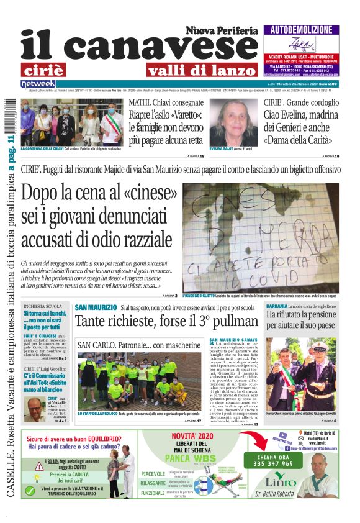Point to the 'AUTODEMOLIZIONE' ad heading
[x=301, y=30]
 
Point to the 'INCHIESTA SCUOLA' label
[x=42, y=307]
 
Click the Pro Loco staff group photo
[x=130, y=380]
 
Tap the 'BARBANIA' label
[x=276, y=307]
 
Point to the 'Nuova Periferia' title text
[x=222, y=30]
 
